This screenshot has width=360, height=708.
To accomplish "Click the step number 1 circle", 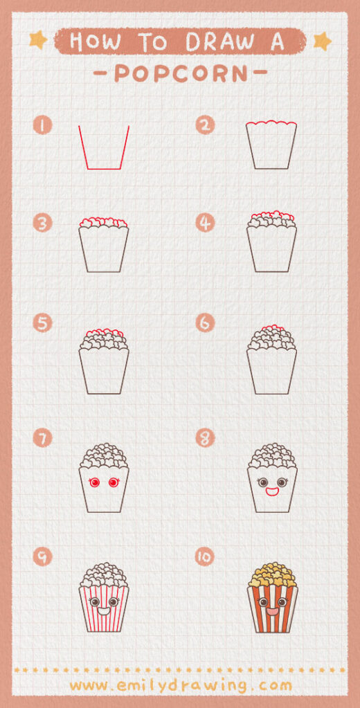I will (42, 125).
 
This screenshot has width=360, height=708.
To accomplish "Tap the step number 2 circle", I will (205, 125).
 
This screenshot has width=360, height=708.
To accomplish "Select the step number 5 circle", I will (42, 323).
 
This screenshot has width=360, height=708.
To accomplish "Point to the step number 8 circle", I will (205, 437).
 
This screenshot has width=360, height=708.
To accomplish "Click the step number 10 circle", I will (205, 557).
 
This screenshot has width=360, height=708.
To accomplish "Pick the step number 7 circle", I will (42, 437).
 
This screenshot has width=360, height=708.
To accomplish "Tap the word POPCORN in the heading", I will (179, 73).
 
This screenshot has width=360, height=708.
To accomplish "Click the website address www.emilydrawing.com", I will (180, 685).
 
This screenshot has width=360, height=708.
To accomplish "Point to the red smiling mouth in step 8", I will (272, 493).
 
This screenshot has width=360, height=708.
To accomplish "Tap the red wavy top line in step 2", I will (272, 125).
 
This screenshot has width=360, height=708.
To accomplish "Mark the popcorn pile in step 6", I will (272, 338).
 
